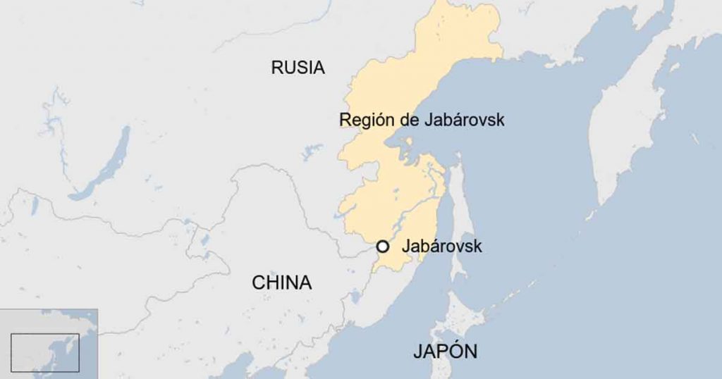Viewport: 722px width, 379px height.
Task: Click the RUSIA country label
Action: pyautogui.click(x=298, y=68)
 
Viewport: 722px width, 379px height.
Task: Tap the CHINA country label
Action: pyautogui.click(x=281, y=283)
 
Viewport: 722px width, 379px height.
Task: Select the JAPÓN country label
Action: pyautogui.click(x=445, y=352)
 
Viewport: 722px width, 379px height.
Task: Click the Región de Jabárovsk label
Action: pyautogui.click(x=422, y=120)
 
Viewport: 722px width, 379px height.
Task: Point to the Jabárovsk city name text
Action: pyautogui.click(x=441, y=247)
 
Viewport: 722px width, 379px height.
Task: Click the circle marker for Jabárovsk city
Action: pyautogui.click(x=383, y=247)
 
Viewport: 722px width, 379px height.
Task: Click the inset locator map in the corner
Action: pyautogui.click(x=48, y=341)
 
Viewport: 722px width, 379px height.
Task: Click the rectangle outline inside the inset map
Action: pyautogui.click(x=45, y=352)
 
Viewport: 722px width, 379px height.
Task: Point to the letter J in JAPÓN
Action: pyautogui.click(x=417, y=352)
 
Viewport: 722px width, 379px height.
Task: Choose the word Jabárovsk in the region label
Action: pyautogui.click(x=465, y=120)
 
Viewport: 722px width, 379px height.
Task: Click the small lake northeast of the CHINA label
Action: pyautogui.click(x=355, y=296)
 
